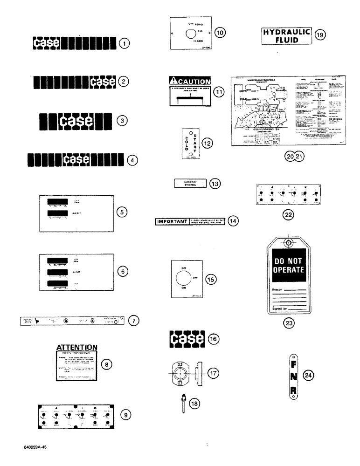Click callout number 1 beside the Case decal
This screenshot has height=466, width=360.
tap(124, 44)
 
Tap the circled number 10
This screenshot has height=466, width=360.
tap(220, 32)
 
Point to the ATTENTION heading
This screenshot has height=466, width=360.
tap(76, 347)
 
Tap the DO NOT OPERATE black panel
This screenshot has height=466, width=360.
tap(288, 264)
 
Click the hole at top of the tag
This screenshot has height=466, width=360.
tap(289, 243)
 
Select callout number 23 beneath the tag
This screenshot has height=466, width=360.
tap(290, 323)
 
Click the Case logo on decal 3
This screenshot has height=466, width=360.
tap(76, 121)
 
